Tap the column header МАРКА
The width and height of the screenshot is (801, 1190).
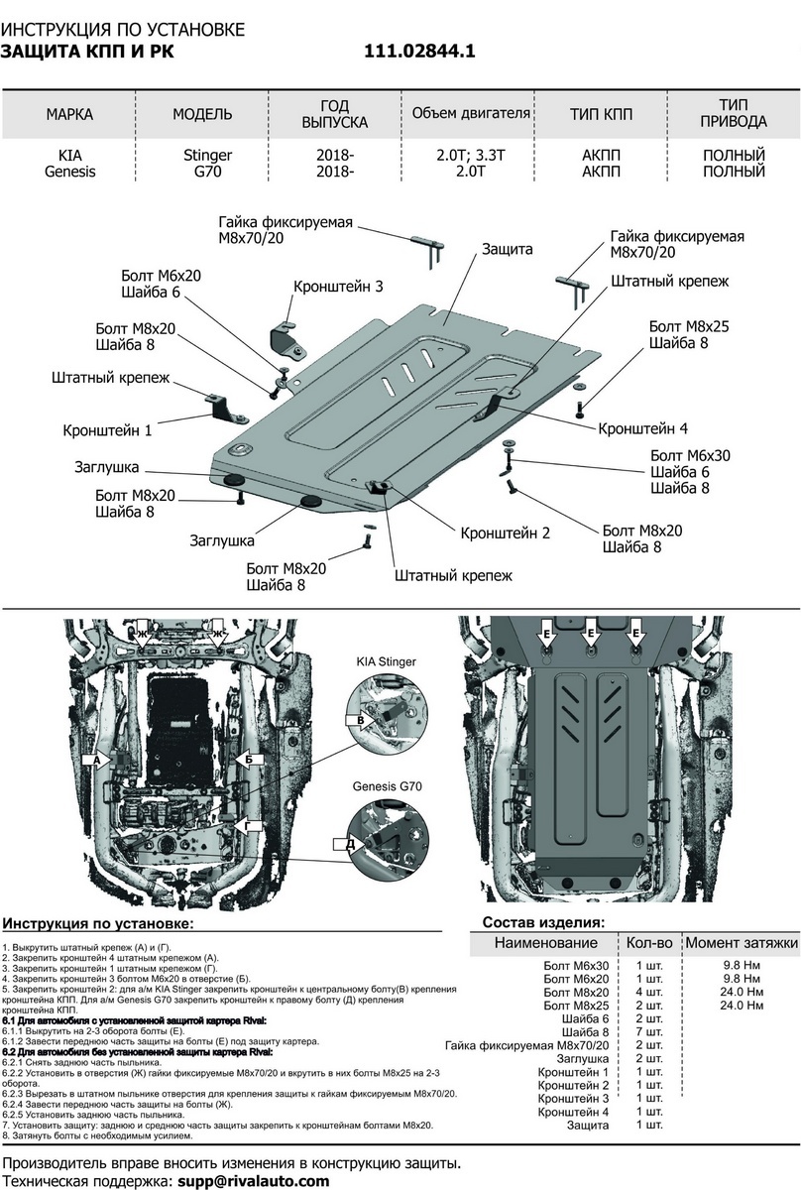click(x=69, y=114)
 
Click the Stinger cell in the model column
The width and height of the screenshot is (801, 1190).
click(x=208, y=156)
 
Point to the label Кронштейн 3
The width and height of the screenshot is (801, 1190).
click(x=338, y=286)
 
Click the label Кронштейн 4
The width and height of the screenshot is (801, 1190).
click(x=642, y=428)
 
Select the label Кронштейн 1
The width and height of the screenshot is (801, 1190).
click(x=108, y=431)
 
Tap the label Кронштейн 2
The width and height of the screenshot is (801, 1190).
click(x=505, y=533)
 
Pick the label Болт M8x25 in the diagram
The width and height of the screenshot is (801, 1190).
click(x=690, y=325)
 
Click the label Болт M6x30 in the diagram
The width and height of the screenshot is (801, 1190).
click(x=692, y=455)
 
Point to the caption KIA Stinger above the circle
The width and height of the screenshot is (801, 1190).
click(x=387, y=659)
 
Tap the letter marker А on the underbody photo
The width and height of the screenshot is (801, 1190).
click(x=97, y=761)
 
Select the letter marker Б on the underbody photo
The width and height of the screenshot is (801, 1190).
click(x=249, y=759)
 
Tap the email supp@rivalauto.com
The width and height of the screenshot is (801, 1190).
click(x=253, y=1181)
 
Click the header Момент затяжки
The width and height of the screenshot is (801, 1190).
click(x=742, y=942)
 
